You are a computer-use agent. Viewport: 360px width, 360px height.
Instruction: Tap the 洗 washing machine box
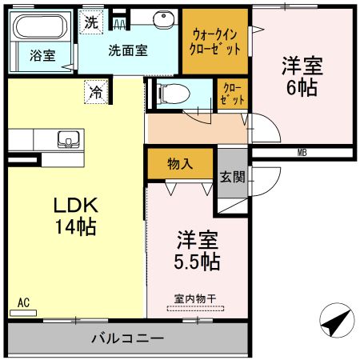tap(91, 22)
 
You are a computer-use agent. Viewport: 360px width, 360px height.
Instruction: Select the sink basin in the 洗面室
tap(165, 18)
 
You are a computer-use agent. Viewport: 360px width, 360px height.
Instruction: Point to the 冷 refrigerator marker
tap(96, 92)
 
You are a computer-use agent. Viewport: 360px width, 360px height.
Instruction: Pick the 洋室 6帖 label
tap(302, 76)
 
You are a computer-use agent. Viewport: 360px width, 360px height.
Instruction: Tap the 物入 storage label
tap(180, 165)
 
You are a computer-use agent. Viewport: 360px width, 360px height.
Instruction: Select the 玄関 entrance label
tap(232, 177)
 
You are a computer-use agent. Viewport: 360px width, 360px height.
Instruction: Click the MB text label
tap(302, 152)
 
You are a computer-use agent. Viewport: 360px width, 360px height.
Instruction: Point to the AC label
tap(23, 303)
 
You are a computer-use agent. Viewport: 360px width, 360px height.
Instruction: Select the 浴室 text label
tap(42, 56)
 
